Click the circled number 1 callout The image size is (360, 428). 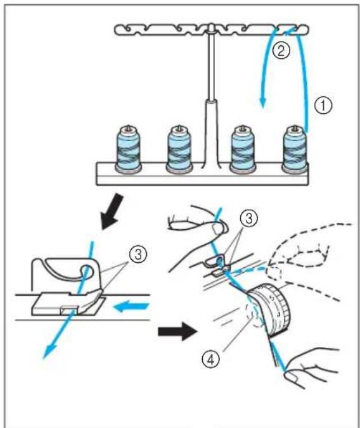(x=324, y=106)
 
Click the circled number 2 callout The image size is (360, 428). (x=281, y=50)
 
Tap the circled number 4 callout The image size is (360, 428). (x=210, y=360)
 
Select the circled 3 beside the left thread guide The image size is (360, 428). (x=138, y=255)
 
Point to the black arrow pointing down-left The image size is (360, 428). (x=112, y=211)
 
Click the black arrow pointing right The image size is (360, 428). (x=177, y=331)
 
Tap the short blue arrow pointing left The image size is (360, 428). (x=132, y=307)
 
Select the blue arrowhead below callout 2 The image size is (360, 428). (x=262, y=103)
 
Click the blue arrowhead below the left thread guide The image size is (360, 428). (x=49, y=351)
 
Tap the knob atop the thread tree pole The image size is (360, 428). (x=211, y=27)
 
